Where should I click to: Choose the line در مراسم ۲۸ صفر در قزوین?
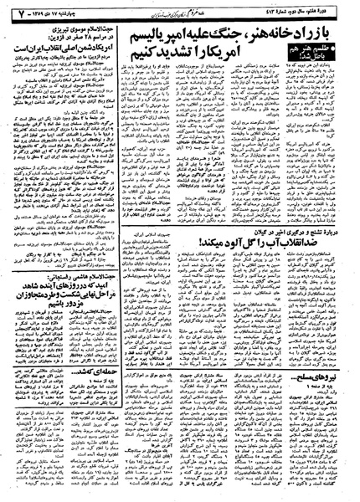(x=59, y=38)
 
